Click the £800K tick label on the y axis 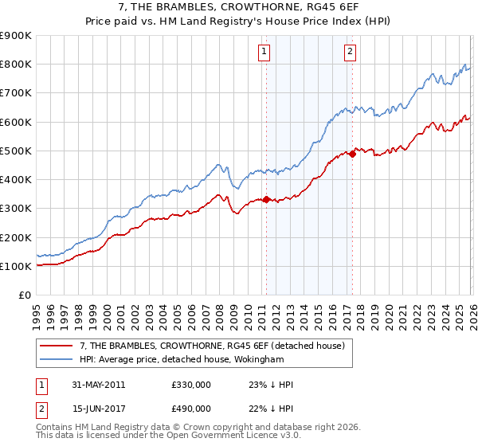[16, 65]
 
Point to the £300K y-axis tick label [16, 209]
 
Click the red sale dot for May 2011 [266, 200]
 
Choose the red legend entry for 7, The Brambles [211, 346]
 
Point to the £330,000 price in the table [190, 385]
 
